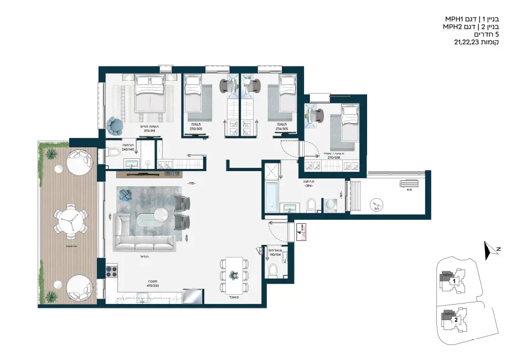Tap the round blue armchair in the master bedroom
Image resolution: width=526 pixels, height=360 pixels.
pyautogui.click(x=116, y=126)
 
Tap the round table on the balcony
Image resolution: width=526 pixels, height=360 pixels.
pyautogui.click(x=70, y=220)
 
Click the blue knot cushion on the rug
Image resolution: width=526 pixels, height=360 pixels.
pyautogui.click(x=125, y=194)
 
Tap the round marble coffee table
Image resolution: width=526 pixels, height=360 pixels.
pyautogui.click(x=161, y=213)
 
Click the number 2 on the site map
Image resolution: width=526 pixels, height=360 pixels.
pyautogui.click(x=456, y=320)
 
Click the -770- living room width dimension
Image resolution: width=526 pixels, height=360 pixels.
pyautogui.click(x=192, y=183)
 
